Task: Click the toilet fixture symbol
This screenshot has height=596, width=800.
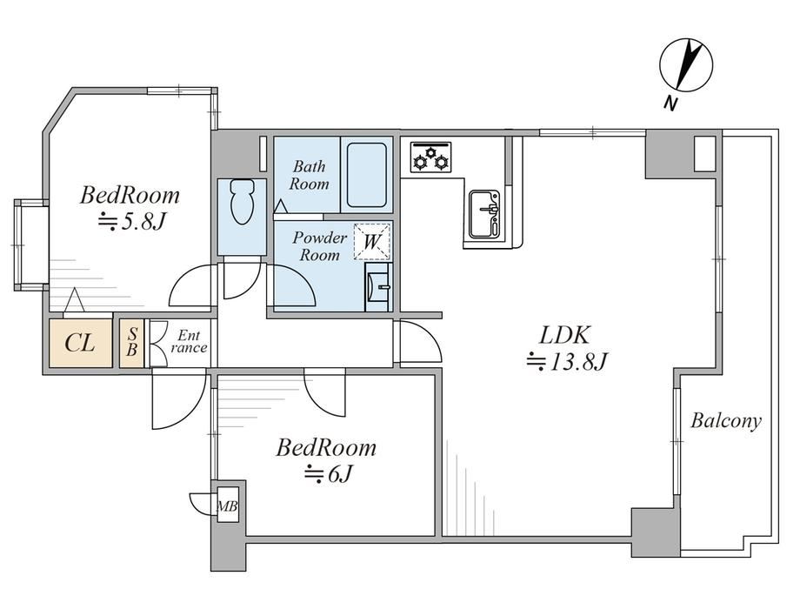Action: tap(242, 202)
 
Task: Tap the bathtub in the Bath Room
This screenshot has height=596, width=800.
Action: tap(366, 175)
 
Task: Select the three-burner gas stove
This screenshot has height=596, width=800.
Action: tap(431, 157)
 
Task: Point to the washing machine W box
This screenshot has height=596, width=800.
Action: tap(372, 242)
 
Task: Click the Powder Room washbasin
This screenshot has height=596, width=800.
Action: tap(377, 287)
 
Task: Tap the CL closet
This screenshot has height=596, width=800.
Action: tap(81, 343)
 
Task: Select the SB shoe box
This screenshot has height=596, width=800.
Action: tap(131, 343)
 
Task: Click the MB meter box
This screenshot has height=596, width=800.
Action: tap(227, 506)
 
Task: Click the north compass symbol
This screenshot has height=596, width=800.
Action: tap(686, 65)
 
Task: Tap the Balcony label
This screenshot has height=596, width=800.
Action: tap(726, 421)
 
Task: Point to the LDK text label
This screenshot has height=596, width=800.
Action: tap(564, 335)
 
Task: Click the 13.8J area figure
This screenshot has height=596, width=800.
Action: tap(566, 362)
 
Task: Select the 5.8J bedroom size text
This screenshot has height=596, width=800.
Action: tap(132, 222)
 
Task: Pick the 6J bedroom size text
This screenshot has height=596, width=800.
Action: tap(328, 474)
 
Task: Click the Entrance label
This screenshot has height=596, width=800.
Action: tap(189, 342)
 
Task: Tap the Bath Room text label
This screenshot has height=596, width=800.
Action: tap(310, 175)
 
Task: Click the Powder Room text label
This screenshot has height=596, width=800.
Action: tap(319, 245)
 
